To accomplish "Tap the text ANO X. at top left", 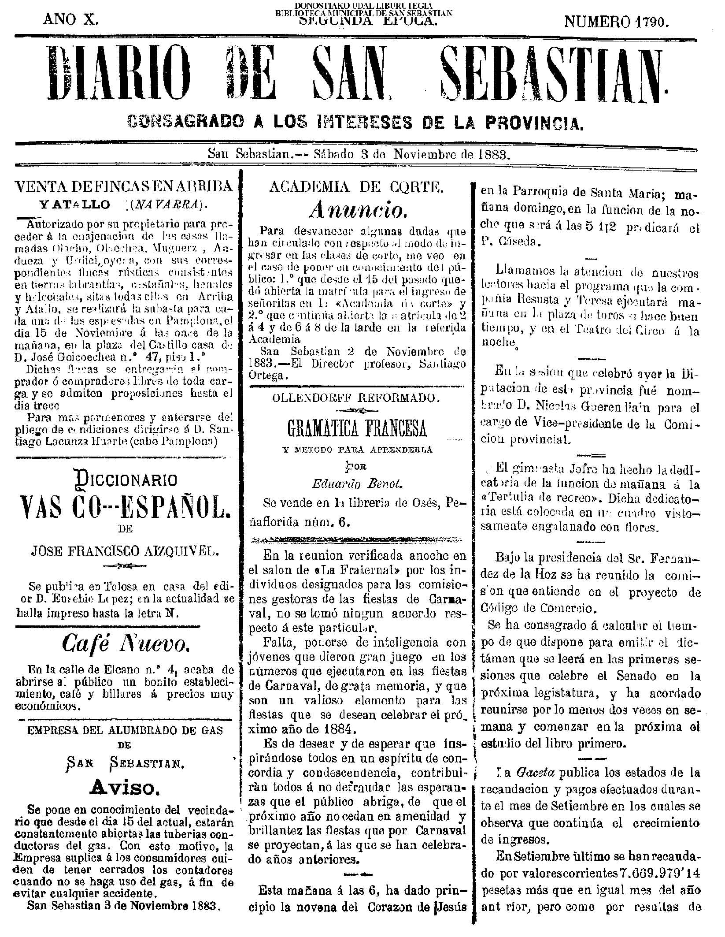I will tap(70, 19).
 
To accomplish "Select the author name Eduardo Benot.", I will tap(357, 483).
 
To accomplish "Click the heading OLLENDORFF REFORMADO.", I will tap(356, 398).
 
